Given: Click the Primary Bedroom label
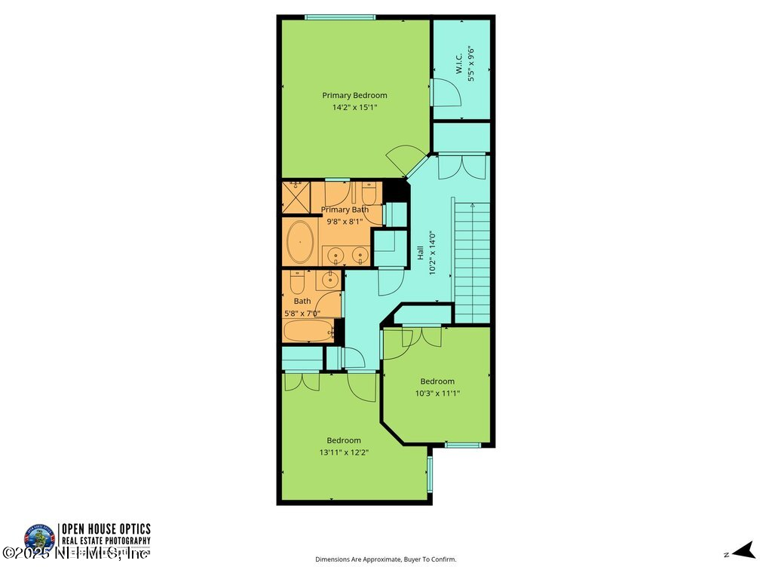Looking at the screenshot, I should pyautogui.click(x=354, y=96).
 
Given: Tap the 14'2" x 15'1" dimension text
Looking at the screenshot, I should pyautogui.click(x=354, y=108).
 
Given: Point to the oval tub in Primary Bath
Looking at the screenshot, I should pyautogui.click(x=301, y=242).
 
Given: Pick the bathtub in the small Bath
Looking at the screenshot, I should pyautogui.click(x=307, y=330).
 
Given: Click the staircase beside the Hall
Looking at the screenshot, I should pyautogui.click(x=472, y=260).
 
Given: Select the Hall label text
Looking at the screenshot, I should pyautogui.click(x=420, y=253).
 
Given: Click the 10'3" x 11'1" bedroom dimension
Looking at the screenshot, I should pyautogui.click(x=437, y=393).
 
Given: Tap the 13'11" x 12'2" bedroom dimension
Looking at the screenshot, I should pyautogui.click(x=343, y=452).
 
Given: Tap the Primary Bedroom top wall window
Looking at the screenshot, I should pyautogui.click(x=340, y=17).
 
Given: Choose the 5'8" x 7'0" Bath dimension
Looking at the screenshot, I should pyautogui.click(x=302, y=314).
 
